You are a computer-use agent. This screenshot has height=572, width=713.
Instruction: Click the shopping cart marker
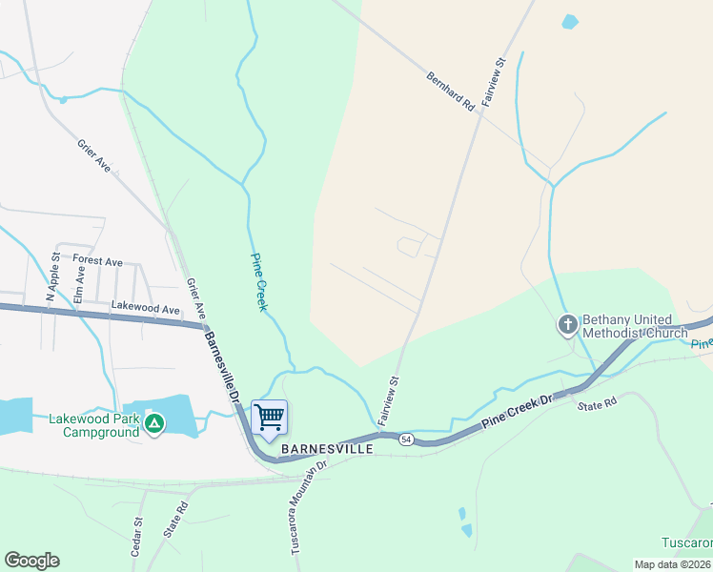tap(270, 418)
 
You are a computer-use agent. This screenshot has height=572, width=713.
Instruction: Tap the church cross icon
tap(567, 326)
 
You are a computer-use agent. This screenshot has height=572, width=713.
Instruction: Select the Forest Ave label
tap(97, 261)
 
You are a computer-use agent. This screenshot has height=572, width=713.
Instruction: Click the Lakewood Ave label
tap(145, 310)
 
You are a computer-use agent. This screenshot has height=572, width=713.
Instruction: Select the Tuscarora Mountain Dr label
tap(309, 505)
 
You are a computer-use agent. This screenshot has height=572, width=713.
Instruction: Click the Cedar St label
tap(138, 537)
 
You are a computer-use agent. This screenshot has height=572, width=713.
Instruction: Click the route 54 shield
tap(407, 439)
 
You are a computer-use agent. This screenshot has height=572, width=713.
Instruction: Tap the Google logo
tap(31, 561)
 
